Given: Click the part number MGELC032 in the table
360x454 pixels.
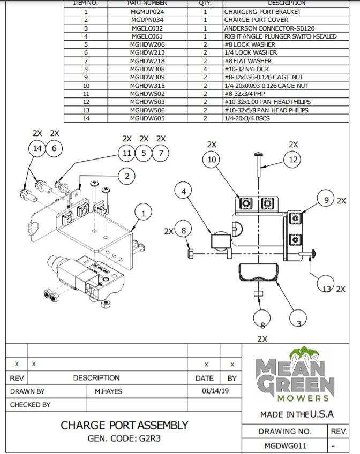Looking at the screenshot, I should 147,28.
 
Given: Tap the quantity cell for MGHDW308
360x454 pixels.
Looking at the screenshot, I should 205,69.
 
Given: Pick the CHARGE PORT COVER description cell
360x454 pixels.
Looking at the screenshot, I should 256,20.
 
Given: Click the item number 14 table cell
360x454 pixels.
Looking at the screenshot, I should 86,118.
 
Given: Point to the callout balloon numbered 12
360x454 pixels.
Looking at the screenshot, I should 293,160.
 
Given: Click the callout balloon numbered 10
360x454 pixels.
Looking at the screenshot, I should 212,160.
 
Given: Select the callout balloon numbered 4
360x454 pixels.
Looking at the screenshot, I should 184,191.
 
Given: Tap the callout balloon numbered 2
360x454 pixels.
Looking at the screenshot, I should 127,176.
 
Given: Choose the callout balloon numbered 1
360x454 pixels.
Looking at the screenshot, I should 143,213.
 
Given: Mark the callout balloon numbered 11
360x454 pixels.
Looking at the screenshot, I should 126,153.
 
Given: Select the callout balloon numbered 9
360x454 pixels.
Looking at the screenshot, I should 326,200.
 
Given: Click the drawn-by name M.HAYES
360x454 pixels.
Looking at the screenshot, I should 109,391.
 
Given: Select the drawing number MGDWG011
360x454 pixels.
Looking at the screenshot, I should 286,445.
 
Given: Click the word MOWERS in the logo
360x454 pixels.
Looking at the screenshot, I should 303,398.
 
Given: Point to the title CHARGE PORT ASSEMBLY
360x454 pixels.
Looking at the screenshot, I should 124,425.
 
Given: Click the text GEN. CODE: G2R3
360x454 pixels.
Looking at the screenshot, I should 124,438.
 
